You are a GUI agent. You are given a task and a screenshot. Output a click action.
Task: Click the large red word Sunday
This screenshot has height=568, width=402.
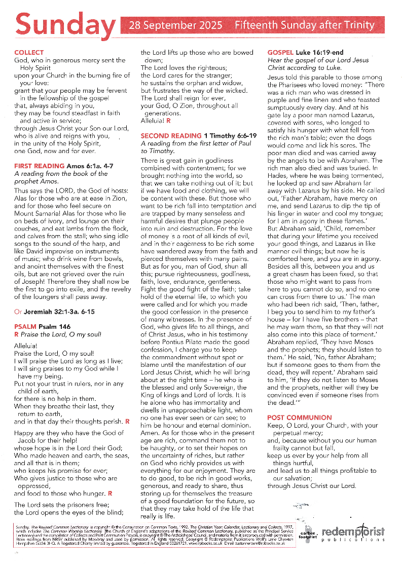click(x=65, y=25)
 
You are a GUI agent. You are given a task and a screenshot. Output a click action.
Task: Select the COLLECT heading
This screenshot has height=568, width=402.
click(x=29, y=53)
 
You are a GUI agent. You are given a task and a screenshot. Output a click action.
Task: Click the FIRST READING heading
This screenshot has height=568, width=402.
click(x=39, y=166)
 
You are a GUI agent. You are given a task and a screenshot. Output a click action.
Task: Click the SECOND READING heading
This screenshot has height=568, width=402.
click(x=171, y=136)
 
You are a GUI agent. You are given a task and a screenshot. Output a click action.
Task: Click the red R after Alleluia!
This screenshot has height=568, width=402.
click(x=168, y=121)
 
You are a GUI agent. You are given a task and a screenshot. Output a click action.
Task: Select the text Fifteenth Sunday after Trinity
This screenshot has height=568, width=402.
click(x=304, y=25)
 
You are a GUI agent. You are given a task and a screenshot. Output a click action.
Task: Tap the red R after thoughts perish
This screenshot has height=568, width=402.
click(x=127, y=421)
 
